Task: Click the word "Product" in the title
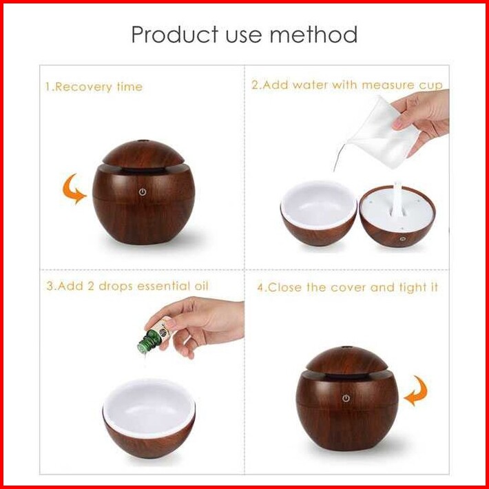(x=175, y=34)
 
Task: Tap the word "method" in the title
(x=313, y=34)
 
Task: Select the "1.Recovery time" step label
(x=94, y=87)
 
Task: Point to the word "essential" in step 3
(x=163, y=287)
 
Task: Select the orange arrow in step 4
(x=416, y=391)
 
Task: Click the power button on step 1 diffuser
(x=143, y=191)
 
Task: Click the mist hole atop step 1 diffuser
(x=143, y=141)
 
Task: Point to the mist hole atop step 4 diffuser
(x=345, y=347)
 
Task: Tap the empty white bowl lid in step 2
(x=318, y=214)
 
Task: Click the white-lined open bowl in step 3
(x=149, y=418)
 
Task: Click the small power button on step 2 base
(x=403, y=239)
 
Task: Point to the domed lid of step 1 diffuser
(x=143, y=154)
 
